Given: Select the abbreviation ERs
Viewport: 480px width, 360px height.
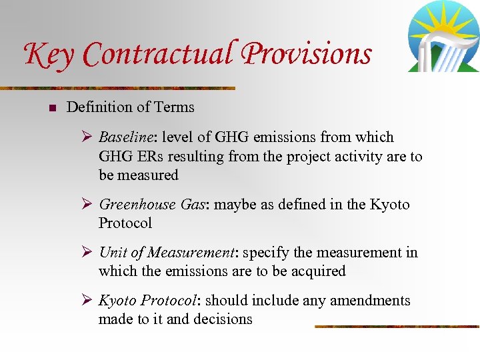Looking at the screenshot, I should point(154,157).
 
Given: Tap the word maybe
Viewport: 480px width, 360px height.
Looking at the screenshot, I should point(233,205).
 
